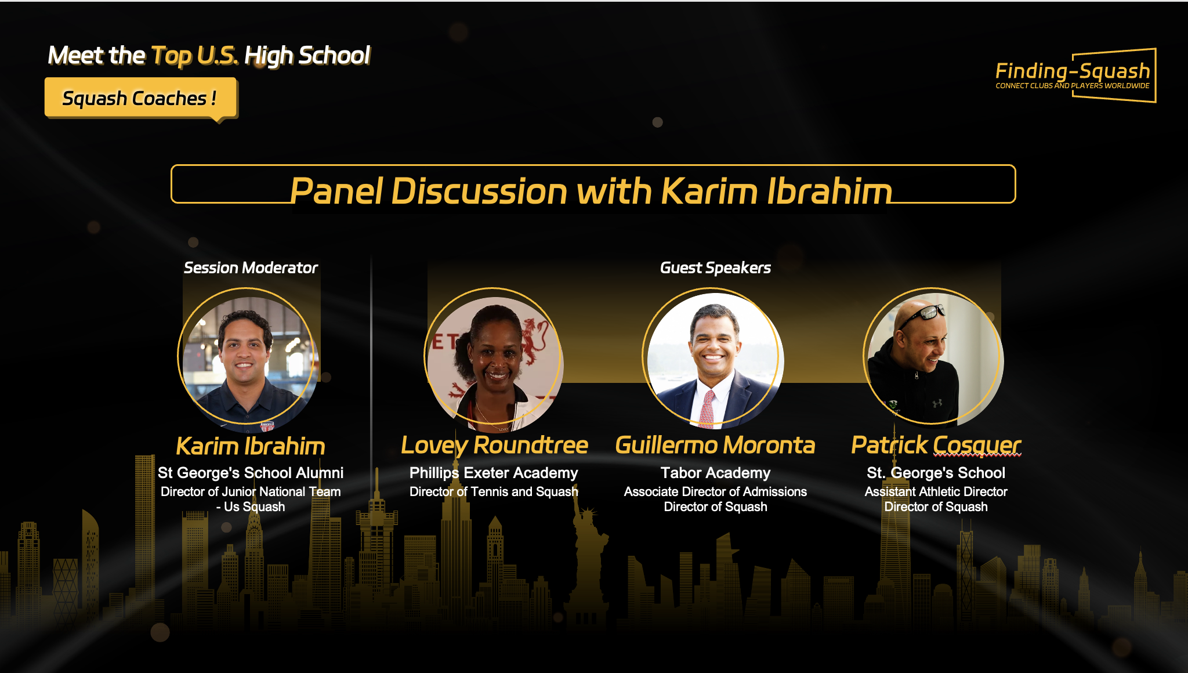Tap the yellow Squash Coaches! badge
[140, 98]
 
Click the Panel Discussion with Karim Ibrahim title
[591, 191]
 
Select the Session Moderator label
[251, 267]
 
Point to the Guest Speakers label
[715, 267]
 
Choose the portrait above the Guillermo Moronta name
[713, 359]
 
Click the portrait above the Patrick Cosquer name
[933, 357]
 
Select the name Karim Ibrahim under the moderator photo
[251, 446]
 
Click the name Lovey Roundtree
[494, 445]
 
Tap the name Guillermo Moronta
[715, 445]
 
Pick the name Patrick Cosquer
[936, 445]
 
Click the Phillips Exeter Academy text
[494, 473]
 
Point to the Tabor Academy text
[715, 473]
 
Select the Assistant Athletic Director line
[936, 491]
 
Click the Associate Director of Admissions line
[715, 491]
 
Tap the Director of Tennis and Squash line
[494, 491]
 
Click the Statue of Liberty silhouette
[589, 557]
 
